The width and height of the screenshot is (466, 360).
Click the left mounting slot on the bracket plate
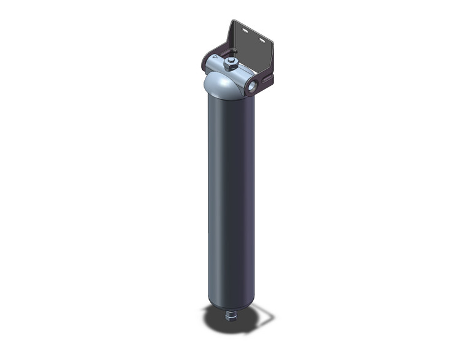(x=245, y=29)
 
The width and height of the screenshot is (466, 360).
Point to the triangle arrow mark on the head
(x=213, y=60)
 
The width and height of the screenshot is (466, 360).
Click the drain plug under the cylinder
(x=231, y=318)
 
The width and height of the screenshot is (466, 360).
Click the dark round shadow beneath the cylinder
(x=218, y=316)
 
